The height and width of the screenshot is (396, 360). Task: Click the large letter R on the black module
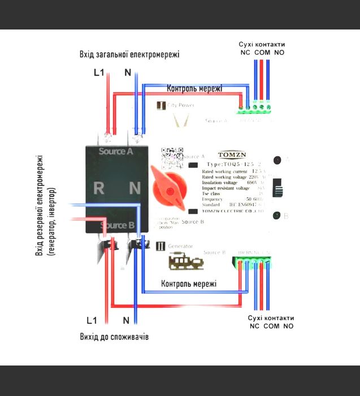point(98,188)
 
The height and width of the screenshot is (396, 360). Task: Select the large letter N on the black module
point(135,188)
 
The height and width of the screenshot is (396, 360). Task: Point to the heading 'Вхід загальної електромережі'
point(129,54)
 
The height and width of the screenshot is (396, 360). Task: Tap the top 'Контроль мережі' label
point(194,89)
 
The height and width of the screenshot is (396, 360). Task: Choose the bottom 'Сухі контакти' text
point(271,317)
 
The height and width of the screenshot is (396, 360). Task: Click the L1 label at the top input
point(98,72)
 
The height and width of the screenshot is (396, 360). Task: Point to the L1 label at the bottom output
point(92,321)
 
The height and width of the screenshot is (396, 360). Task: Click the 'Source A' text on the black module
point(115,152)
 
